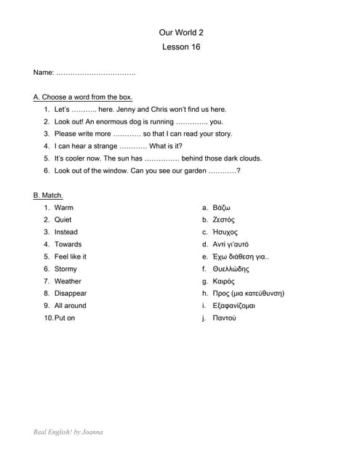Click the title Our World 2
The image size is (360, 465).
tap(181, 33)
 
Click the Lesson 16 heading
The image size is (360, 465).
tap(181, 47)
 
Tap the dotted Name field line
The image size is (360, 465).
tap(95, 73)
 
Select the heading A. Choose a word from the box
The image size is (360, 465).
tap(83, 97)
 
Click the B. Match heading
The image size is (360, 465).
tap(48, 195)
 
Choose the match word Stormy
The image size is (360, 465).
tap(65, 269)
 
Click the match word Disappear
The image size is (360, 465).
tap(71, 294)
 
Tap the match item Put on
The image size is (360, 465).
tap(65, 318)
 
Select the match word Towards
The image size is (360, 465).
tap(68, 244)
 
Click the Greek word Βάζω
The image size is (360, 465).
tap(222, 208)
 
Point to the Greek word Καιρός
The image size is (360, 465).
tap(223, 281)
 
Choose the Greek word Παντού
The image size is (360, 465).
tap(224, 318)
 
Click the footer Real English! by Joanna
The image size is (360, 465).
tap(68, 432)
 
